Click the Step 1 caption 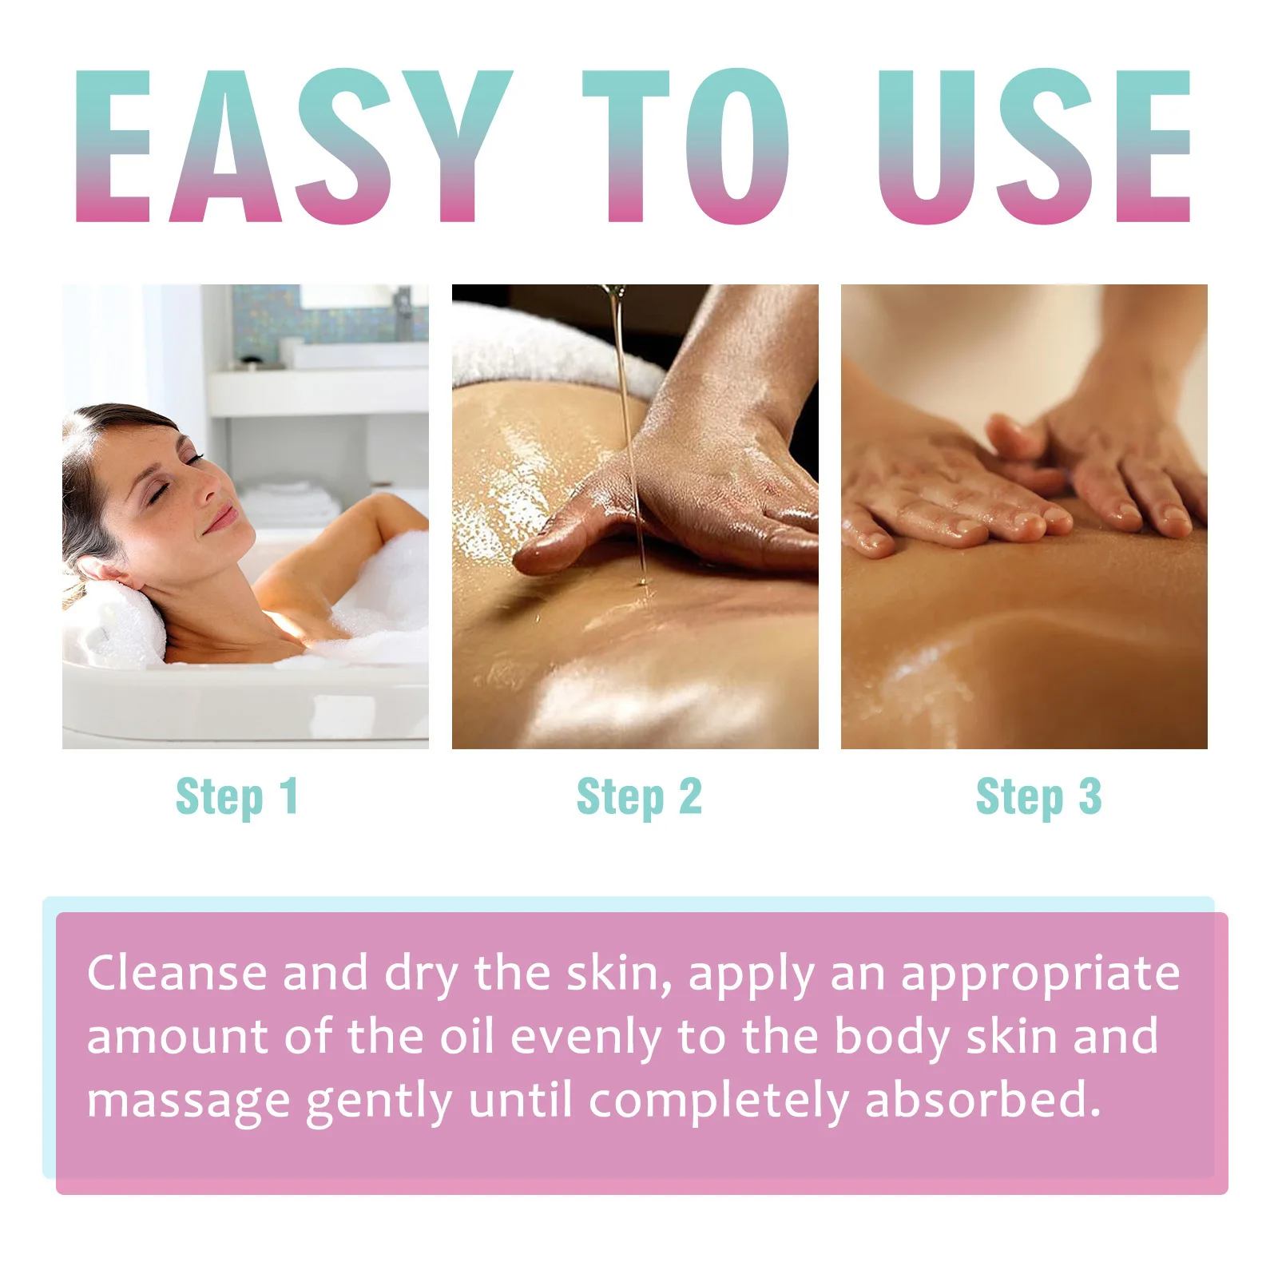tap(237, 797)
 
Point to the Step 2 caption tap(639, 797)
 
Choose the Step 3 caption tap(1038, 797)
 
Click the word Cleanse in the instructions tap(177, 974)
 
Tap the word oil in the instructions tap(466, 1036)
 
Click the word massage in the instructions tap(188, 1101)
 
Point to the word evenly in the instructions tap(585, 1038)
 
